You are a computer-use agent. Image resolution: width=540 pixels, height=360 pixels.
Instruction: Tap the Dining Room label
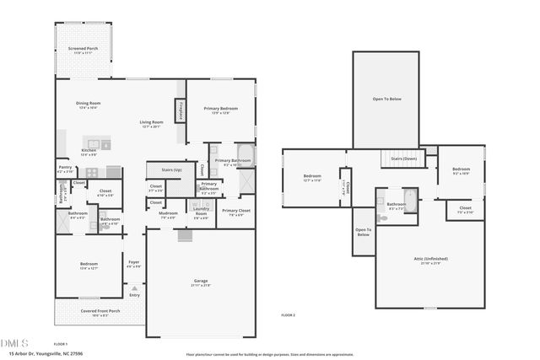89,105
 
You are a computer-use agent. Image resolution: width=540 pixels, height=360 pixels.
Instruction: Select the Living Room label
151,124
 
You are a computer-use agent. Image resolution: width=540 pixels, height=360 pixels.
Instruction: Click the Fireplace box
180,110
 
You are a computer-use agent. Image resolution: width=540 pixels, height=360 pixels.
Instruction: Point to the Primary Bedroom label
219,110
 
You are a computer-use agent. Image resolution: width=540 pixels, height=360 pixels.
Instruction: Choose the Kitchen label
89,152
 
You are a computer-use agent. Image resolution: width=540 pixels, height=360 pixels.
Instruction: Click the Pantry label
64,168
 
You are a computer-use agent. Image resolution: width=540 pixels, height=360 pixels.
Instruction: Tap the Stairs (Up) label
160,169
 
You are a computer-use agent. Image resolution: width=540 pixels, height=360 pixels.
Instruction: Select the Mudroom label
168,213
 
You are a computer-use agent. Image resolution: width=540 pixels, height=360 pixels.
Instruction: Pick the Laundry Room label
201,215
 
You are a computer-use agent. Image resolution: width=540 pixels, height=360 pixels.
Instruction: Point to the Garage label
201,282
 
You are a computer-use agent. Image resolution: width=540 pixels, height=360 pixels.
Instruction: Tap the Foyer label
133,264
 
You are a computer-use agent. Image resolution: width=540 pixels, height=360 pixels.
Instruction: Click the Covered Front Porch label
100,312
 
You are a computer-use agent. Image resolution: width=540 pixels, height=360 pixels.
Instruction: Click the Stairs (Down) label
403,159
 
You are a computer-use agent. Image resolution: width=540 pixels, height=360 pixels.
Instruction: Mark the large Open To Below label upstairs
386,99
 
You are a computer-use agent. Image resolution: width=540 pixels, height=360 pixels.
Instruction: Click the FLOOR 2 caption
289,314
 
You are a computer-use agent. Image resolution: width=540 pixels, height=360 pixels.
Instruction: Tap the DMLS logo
14,343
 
